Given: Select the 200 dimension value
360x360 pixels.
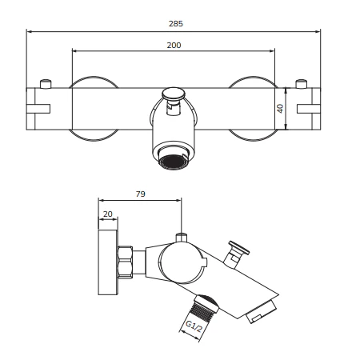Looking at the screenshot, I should point(174,45).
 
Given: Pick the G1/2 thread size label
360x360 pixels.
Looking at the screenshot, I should point(190,326).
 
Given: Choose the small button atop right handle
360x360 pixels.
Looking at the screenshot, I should point(302,82).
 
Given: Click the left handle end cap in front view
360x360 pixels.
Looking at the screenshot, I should point(38,107).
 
